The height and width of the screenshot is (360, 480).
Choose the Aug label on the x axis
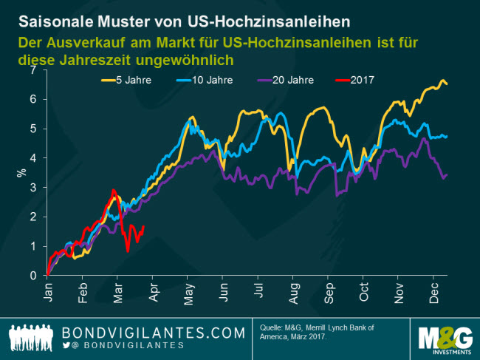[x=295, y=293]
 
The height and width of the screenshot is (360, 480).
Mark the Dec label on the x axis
[x=433, y=293]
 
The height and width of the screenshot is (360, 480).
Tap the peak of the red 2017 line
[x=113, y=191]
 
